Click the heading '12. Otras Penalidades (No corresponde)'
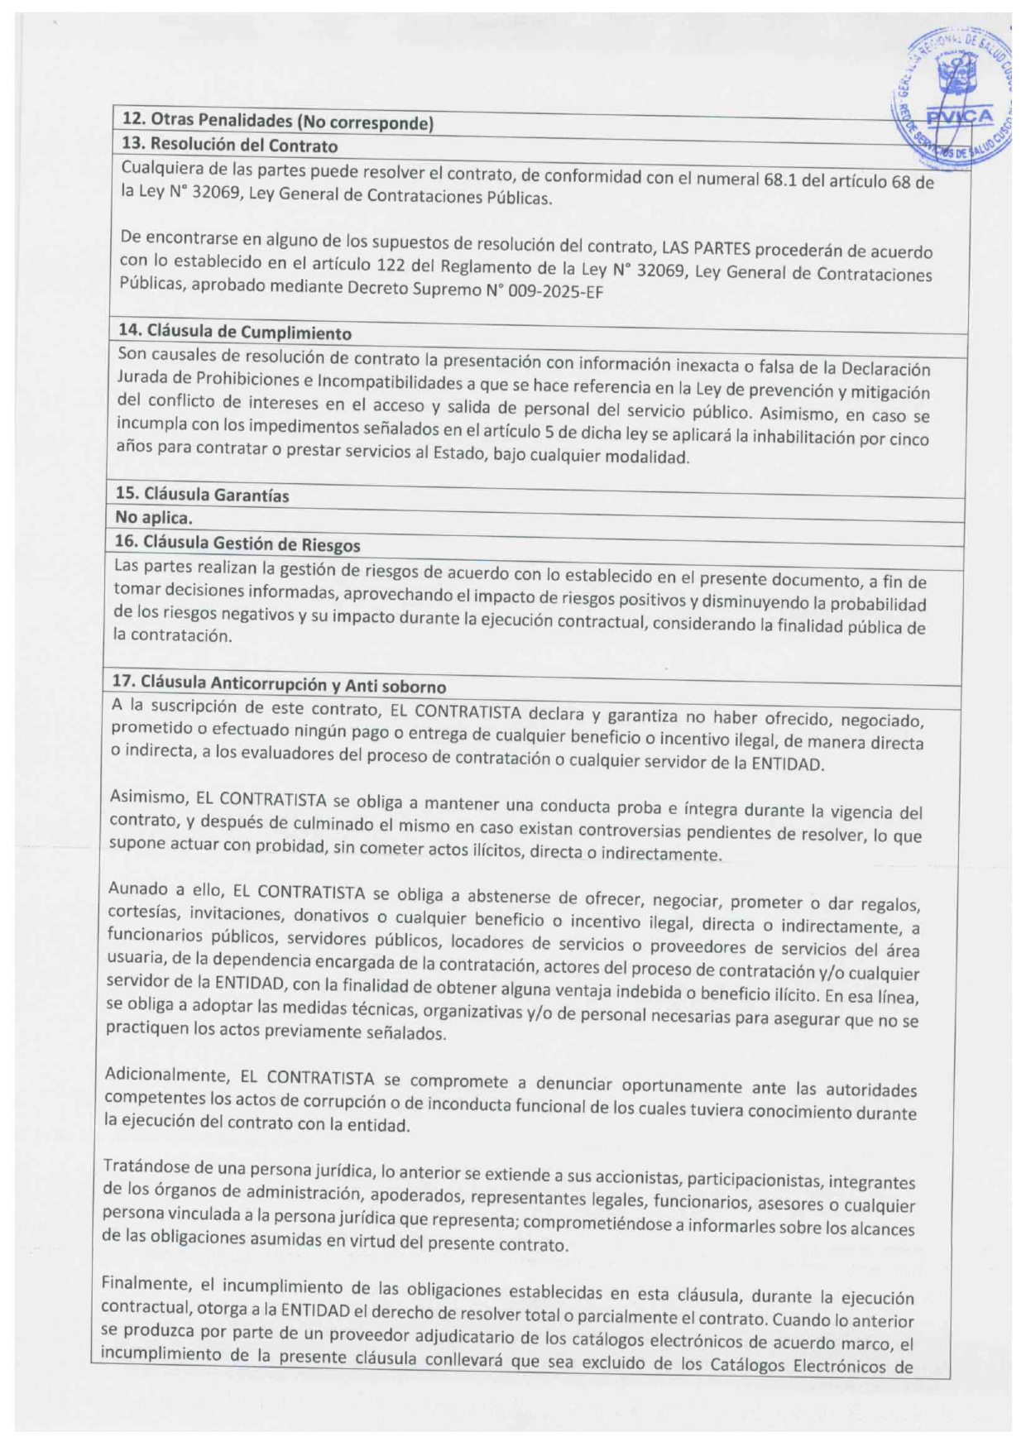click(277, 122)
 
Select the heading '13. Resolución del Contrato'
click(229, 146)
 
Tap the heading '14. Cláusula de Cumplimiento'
click(235, 332)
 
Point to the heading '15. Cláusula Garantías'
click(202, 494)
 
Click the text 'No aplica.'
click(154, 518)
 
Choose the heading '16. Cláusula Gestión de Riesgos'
click(237, 544)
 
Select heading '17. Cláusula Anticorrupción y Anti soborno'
click(279, 684)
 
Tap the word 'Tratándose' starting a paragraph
click(142, 1166)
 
